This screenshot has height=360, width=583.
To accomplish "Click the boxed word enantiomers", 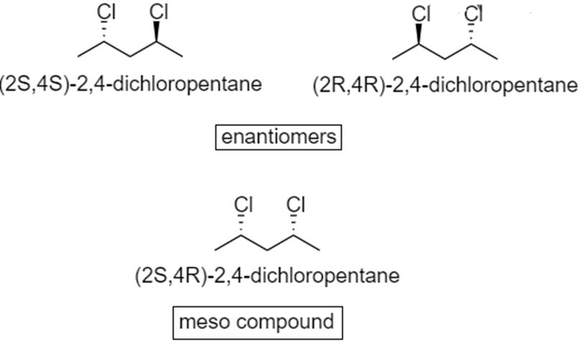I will tap(278, 137).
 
